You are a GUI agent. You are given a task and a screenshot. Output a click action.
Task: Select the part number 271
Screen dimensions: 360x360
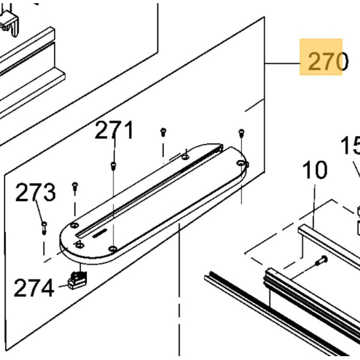pyautogui.click(x=114, y=130)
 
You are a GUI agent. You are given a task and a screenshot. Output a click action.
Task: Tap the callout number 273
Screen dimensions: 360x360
pyautogui.click(x=35, y=192)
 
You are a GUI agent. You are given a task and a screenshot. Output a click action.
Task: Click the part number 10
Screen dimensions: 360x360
pyautogui.click(x=314, y=171)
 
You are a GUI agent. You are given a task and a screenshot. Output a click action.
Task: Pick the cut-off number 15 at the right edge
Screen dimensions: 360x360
pyautogui.click(x=350, y=146)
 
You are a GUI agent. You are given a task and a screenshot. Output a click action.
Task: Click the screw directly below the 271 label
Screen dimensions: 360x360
pyautogui.click(x=113, y=165)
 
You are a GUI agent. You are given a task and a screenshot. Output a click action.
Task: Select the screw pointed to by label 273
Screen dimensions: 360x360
pyautogui.click(x=43, y=225)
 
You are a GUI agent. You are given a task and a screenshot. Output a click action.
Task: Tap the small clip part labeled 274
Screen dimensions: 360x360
pyautogui.click(x=76, y=280)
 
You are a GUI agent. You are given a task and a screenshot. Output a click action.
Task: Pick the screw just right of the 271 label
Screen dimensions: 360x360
pyautogui.click(x=163, y=132)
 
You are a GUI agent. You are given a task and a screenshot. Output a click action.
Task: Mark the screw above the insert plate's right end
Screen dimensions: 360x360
pyautogui.click(x=241, y=132)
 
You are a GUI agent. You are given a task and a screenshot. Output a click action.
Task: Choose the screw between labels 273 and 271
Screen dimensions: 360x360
pyautogui.click(x=75, y=186)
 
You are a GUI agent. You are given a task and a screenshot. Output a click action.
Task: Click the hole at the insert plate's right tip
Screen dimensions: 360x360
pyautogui.click(x=246, y=165)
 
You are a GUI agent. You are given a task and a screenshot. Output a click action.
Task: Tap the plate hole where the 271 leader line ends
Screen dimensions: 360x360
pyautogui.click(x=113, y=248)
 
